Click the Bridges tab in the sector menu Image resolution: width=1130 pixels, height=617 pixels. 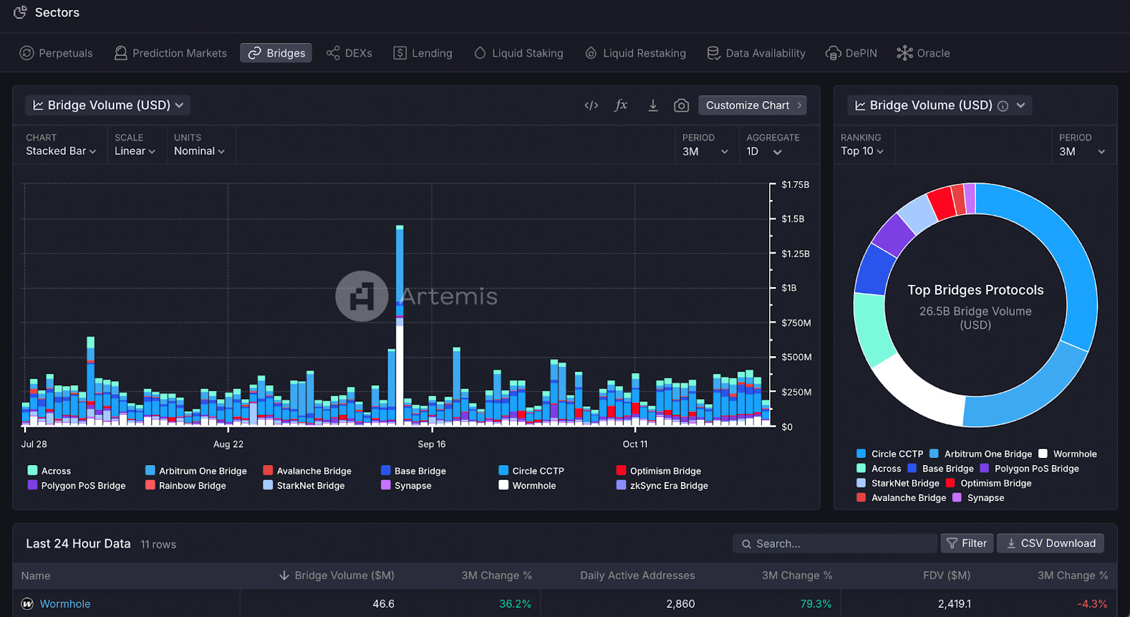coord(276,53)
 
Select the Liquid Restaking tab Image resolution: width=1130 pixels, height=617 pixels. coord(636,53)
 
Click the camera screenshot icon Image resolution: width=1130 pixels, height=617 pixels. coord(681,105)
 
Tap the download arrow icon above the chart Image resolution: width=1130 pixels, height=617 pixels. coord(653,105)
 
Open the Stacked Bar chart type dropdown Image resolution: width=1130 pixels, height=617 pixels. coord(61,151)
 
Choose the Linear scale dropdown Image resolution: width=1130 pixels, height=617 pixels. coord(134,151)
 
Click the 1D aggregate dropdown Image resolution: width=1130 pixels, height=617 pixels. coord(764,152)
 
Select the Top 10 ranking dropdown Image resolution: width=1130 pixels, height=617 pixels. coord(862,151)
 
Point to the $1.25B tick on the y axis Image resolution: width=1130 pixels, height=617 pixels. coord(795,254)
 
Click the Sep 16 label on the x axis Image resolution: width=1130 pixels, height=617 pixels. coord(432,444)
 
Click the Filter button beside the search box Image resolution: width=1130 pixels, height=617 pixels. coord(967,543)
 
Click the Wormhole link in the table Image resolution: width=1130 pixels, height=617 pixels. coord(65,604)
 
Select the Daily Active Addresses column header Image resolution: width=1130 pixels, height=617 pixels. coord(637,575)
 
